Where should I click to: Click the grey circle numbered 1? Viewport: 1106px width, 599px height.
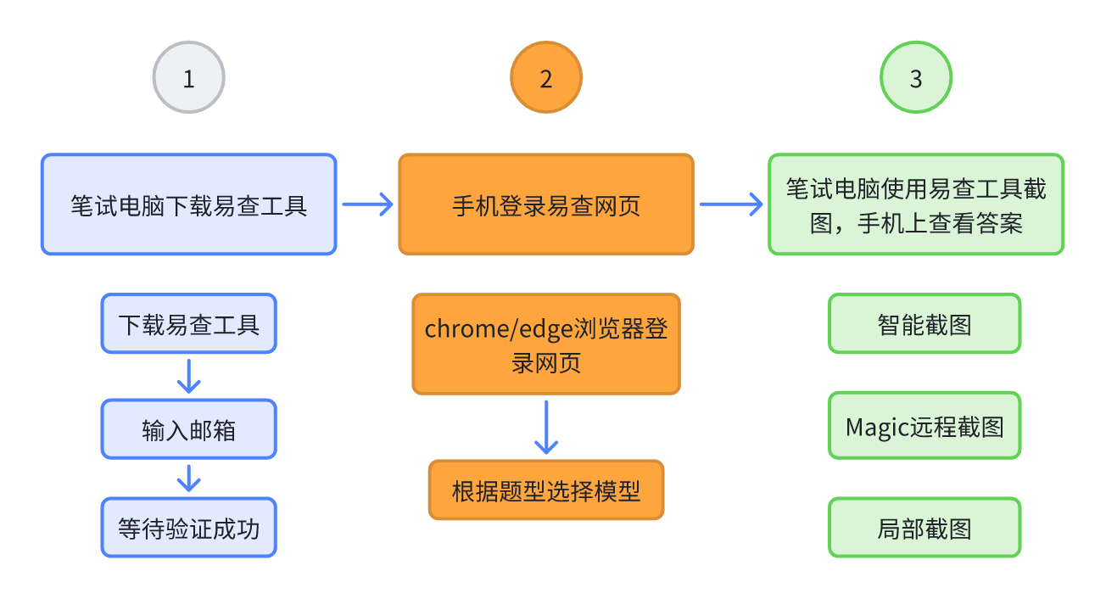(x=188, y=78)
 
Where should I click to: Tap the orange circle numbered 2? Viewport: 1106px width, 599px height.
(x=545, y=78)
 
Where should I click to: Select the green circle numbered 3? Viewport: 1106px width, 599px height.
(x=916, y=78)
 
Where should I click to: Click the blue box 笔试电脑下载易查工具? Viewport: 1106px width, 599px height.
(x=188, y=204)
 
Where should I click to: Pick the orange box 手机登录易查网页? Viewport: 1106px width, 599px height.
(x=545, y=204)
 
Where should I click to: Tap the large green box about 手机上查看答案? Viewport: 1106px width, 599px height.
(x=916, y=204)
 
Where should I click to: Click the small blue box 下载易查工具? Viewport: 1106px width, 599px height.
(x=188, y=323)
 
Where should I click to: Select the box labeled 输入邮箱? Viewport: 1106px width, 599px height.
(x=188, y=429)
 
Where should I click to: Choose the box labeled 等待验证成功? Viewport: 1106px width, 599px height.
(x=188, y=528)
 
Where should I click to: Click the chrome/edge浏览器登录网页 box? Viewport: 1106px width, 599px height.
(x=545, y=344)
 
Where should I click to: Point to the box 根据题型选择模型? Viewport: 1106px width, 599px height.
(x=545, y=490)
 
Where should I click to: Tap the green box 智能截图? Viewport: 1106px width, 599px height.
(x=924, y=323)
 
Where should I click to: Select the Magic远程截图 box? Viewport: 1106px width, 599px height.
(x=924, y=425)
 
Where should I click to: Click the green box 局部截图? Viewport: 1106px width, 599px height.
(x=924, y=528)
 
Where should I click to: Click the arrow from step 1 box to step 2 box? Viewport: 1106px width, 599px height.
(x=368, y=204)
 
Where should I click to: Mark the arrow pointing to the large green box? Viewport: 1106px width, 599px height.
(x=730, y=204)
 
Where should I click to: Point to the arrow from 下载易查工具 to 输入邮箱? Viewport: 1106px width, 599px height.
(x=188, y=376)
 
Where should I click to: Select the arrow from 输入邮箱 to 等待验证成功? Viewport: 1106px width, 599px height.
(x=188, y=478)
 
